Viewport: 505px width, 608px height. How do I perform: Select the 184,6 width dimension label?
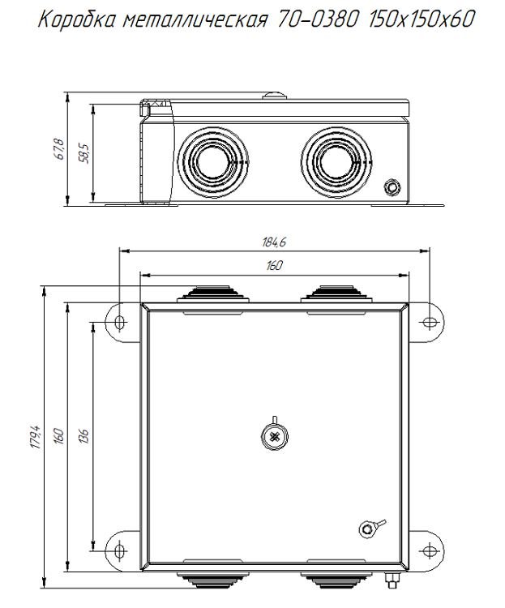click(275, 242)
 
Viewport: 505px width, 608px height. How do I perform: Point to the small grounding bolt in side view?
click(392, 187)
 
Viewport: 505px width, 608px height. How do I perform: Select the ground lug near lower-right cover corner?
click(367, 529)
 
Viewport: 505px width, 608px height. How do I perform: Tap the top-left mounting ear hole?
click(121, 323)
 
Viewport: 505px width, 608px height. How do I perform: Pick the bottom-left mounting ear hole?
click(121, 551)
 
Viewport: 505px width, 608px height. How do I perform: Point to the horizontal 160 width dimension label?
click(275, 266)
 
